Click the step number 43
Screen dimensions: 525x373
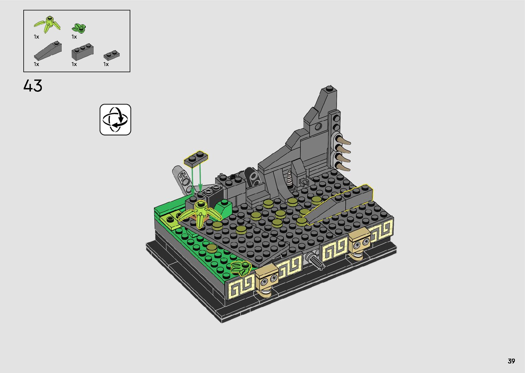(33, 86)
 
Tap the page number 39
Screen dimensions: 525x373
(511, 361)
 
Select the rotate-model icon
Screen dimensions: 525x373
(115, 120)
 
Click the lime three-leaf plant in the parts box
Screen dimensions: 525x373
(48, 24)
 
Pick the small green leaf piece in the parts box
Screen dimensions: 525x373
(79, 28)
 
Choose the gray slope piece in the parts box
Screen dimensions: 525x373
(48, 51)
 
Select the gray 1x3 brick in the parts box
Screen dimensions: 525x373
(83, 51)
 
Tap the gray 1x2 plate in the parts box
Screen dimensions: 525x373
(111, 55)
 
